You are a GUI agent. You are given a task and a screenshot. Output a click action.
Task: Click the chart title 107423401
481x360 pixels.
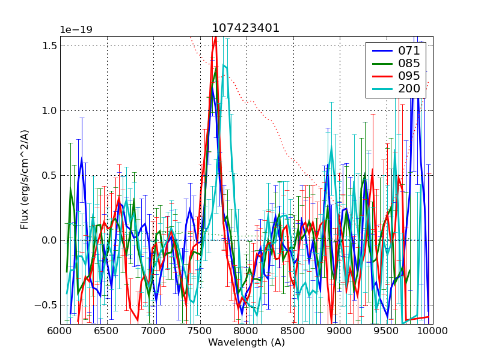click(x=245, y=28)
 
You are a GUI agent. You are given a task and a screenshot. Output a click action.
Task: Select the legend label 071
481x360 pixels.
click(x=409, y=51)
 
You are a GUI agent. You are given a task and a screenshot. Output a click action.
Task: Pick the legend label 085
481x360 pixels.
click(x=409, y=63)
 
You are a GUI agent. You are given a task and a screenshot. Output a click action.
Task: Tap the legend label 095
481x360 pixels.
click(x=409, y=76)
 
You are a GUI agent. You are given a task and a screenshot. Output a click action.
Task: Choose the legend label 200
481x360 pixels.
click(x=409, y=88)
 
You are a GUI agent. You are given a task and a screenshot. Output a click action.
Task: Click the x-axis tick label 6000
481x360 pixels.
click(x=60, y=331)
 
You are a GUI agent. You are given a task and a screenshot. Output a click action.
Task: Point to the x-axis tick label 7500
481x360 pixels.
click(x=200, y=331)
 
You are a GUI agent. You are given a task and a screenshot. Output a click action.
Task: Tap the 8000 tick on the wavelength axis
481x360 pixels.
click(x=247, y=331)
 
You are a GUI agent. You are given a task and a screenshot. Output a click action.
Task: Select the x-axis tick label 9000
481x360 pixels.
click(x=340, y=331)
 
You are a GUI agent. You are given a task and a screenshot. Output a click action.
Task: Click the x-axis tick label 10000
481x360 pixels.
click(x=432, y=331)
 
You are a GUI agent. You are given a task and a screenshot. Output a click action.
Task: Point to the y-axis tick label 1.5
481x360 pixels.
click(x=51, y=46)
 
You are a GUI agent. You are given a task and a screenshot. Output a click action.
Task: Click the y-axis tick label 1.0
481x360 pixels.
click(x=51, y=111)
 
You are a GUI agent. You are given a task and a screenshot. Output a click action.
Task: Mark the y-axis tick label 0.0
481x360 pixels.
click(x=51, y=241)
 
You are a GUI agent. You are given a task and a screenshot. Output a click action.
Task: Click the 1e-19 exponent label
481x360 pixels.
click(x=76, y=30)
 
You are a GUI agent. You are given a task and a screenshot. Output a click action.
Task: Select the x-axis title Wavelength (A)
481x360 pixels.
click(x=246, y=343)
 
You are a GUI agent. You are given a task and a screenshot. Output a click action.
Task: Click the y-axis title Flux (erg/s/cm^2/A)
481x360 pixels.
click(x=25, y=180)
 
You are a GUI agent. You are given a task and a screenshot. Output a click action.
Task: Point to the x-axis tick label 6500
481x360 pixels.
click(x=107, y=331)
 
